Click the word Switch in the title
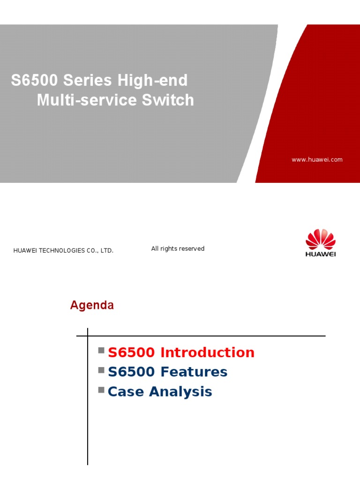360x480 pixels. [x=169, y=100]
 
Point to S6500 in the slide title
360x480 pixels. [x=34, y=81]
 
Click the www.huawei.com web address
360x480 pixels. [x=317, y=160]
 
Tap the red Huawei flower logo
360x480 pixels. [x=321, y=239]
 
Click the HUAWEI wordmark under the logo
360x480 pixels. [x=321, y=254]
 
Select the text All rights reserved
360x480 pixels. [x=178, y=249]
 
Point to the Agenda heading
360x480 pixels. [x=92, y=306]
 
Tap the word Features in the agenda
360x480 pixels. [x=194, y=372]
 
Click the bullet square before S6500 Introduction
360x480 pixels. [x=101, y=351]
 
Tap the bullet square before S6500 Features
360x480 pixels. [x=101, y=370]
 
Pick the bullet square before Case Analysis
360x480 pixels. [x=101, y=390]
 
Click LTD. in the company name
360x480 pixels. [x=107, y=251]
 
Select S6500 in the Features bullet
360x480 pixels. [x=131, y=372]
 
